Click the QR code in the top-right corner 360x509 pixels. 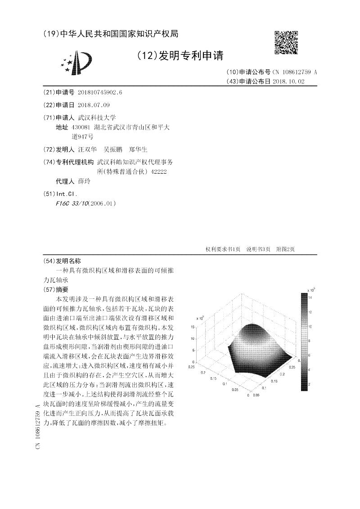coord(286,42)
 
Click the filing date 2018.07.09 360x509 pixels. coord(94,105)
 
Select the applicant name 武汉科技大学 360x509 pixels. coord(97,117)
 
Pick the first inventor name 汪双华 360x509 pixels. coord(87,149)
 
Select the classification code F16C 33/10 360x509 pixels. coord(72,203)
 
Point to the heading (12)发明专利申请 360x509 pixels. coord(180,55)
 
